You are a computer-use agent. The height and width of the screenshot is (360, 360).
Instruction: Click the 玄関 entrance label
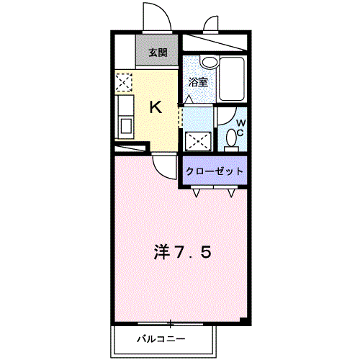coord(158,52)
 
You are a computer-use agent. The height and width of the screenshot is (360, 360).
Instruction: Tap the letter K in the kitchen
coord(156,107)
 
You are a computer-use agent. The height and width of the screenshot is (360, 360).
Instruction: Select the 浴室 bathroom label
coord(199,81)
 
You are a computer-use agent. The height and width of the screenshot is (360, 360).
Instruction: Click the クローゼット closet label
coord(215,171)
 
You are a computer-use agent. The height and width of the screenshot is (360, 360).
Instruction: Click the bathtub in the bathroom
coord(233,78)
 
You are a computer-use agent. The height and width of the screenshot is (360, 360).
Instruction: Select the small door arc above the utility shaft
coord(212,24)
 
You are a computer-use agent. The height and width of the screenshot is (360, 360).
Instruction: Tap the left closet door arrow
coord(197,192)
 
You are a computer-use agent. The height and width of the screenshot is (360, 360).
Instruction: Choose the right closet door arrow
coord(232,192)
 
